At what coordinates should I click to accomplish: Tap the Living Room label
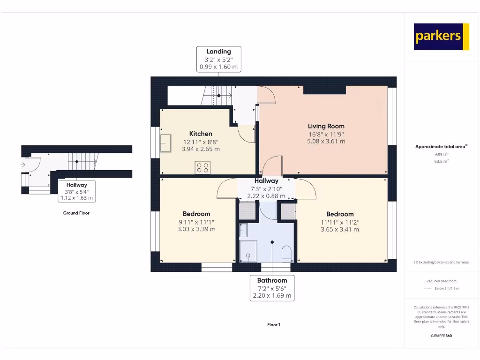326,126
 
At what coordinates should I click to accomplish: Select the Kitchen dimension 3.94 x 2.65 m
201,149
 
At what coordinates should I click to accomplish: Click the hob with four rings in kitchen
202,167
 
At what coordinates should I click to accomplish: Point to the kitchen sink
165,143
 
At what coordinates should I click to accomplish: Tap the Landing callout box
218,59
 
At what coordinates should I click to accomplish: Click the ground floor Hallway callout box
76,191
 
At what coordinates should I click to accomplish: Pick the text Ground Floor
76,213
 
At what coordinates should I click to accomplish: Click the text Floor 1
273,325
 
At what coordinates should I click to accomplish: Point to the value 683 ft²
441,154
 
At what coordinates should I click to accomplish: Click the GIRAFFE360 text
441,336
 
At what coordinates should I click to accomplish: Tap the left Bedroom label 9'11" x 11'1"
196,222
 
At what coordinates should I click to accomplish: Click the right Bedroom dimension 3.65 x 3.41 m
340,229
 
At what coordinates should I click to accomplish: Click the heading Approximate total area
440,147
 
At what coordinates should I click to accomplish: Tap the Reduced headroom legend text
441,281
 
